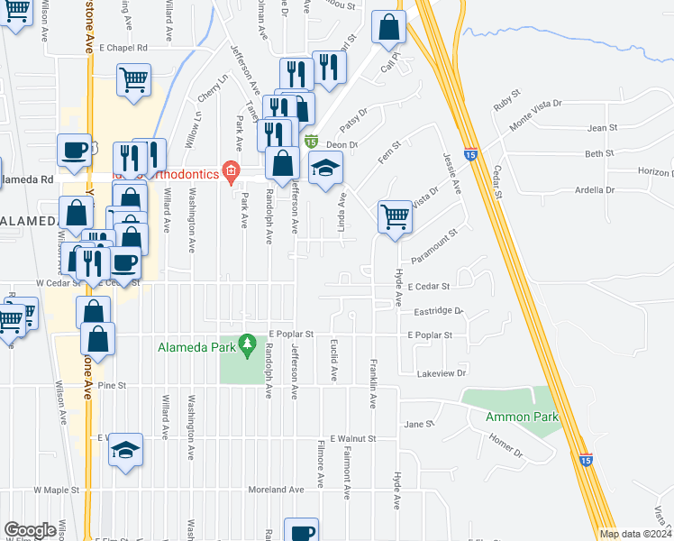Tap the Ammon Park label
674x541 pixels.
tap(522, 417)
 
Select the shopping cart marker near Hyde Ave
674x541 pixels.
tap(396, 216)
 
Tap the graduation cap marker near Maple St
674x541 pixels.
tap(126, 449)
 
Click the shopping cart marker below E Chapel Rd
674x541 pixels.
tap(133, 78)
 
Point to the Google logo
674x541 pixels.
tap(30, 530)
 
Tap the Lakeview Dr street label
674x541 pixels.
tap(442, 372)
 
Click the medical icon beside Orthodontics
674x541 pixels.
tap(231, 171)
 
